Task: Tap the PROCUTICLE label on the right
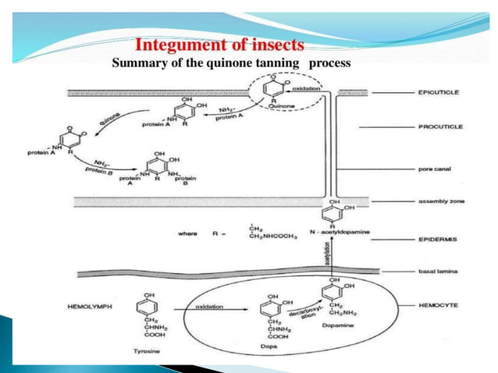(x=440, y=126)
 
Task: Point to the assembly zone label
(x=441, y=201)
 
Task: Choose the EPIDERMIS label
(x=439, y=240)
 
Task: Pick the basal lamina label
(x=437, y=272)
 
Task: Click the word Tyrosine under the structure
(x=148, y=353)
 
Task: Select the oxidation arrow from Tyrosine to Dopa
(x=211, y=307)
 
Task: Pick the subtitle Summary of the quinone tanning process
(x=232, y=62)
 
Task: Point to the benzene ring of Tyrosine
(x=148, y=301)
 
